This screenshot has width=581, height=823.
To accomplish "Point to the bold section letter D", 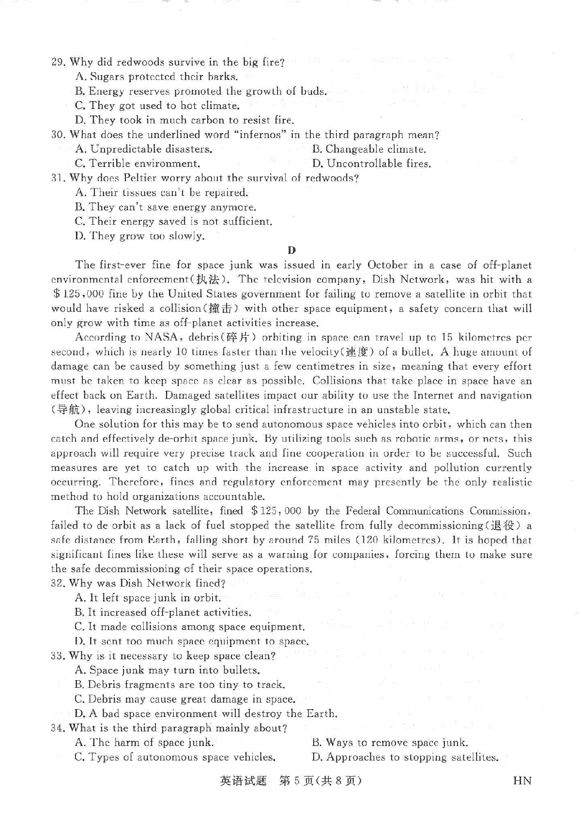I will [291, 250].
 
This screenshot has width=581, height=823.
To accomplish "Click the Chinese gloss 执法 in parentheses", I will [210, 280].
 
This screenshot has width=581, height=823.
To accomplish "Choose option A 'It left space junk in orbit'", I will [148, 598].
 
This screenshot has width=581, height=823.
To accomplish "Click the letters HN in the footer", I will [521, 781].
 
